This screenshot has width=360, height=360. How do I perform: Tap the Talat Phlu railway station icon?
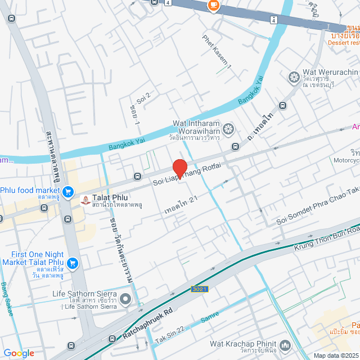(x=85, y=200)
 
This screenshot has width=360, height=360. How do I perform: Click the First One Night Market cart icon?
(x=73, y=263)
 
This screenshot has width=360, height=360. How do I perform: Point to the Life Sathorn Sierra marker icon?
(x=125, y=298)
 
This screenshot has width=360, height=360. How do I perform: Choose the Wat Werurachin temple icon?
(x=293, y=76)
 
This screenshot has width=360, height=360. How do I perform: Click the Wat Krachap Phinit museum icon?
(x=285, y=344)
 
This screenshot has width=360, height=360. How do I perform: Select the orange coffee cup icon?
(x=213, y=5)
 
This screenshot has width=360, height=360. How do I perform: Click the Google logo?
(x=19, y=353)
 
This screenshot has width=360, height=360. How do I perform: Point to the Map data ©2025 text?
(x=336, y=355)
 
